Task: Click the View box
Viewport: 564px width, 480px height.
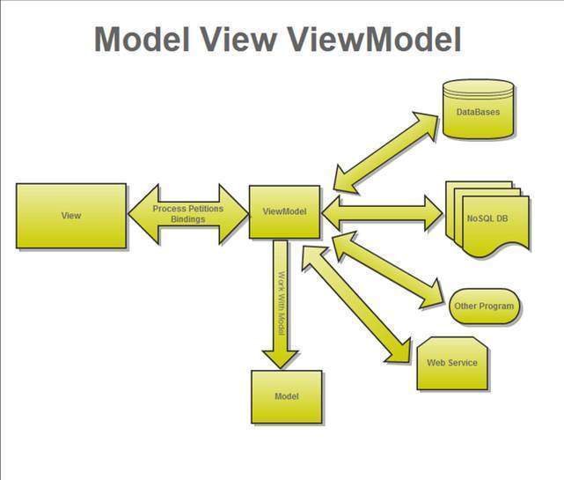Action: pyautogui.click(x=71, y=215)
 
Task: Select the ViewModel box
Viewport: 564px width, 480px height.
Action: pyautogui.click(x=283, y=211)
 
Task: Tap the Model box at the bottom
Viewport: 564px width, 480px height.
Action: pyautogui.click(x=287, y=396)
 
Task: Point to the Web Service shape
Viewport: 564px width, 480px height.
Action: pyautogui.click(x=451, y=362)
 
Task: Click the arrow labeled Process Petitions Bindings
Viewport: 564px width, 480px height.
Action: pyautogui.click(x=187, y=213)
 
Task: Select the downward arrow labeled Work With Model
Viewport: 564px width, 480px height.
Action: pyautogui.click(x=282, y=304)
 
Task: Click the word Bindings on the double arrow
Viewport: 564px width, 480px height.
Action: pyautogui.click(x=187, y=218)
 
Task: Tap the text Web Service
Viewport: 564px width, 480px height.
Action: pyautogui.click(x=451, y=363)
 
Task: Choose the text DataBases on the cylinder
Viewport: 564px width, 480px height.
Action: pyautogui.click(x=478, y=113)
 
